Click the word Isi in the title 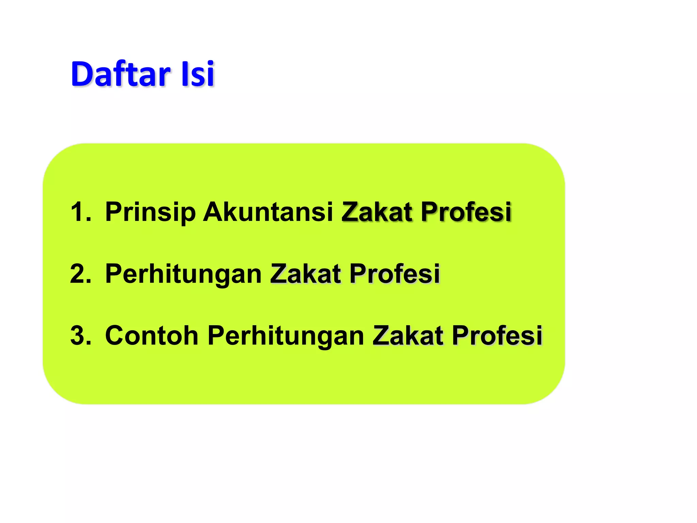(x=197, y=74)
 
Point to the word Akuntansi (x=268, y=212)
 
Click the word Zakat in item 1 (x=377, y=212)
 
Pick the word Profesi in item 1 (x=466, y=212)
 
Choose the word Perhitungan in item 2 (x=183, y=274)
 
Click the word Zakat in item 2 (x=305, y=274)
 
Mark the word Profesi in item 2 (x=394, y=274)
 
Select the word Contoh (x=152, y=336)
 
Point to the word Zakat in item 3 (x=408, y=336)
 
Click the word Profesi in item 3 (x=497, y=336)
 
